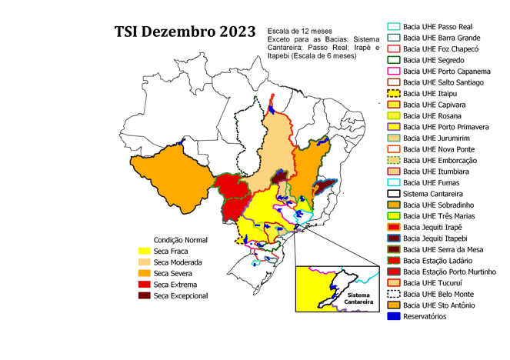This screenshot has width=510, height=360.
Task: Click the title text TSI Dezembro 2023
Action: coord(185,32)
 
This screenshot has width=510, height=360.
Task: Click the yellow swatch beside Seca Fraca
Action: coord(143,252)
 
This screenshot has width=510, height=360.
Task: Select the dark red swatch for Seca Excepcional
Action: coord(143,295)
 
